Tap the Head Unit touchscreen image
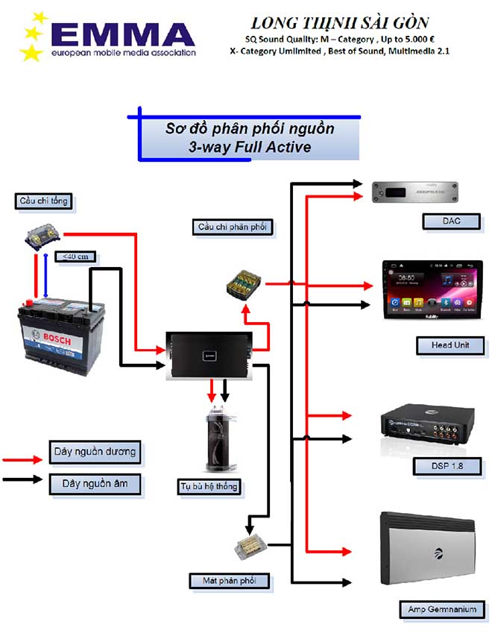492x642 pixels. click(x=432, y=289)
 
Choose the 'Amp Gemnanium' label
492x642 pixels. click(x=443, y=609)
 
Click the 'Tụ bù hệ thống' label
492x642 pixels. click(x=209, y=486)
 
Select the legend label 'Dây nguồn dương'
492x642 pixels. click(x=95, y=451)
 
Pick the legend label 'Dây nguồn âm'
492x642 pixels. click(x=95, y=483)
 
